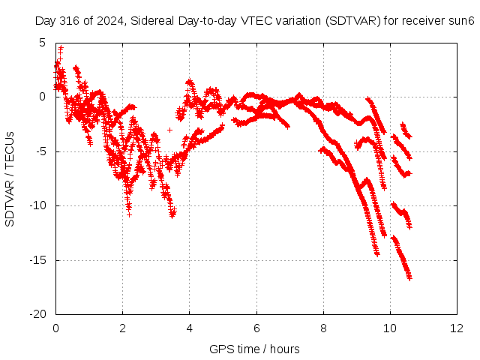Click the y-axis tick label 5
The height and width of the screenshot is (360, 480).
point(42,43)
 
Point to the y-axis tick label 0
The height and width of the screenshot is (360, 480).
point(42,97)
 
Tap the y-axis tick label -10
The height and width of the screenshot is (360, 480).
point(37,205)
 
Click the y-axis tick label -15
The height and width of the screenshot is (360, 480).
point(37,260)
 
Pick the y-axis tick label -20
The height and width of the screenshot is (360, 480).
point(37,314)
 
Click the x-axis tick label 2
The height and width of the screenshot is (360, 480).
point(122,328)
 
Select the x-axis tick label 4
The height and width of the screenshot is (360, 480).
point(190,328)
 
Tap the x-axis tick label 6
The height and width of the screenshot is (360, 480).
point(256,328)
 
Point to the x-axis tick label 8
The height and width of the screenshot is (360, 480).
point(323,328)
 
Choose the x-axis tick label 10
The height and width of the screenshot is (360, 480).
point(390,328)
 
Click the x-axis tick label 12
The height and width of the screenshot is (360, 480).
point(457,328)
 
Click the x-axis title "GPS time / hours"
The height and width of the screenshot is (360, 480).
point(254,349)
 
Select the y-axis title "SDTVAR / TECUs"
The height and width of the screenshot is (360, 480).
point(10,179)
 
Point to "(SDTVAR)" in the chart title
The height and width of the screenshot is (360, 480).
point(353,21)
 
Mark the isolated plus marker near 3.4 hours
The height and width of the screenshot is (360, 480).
point(169,130)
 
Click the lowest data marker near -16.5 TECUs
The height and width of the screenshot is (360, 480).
point(409,278)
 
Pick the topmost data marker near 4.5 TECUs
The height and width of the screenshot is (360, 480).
point(61,48)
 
